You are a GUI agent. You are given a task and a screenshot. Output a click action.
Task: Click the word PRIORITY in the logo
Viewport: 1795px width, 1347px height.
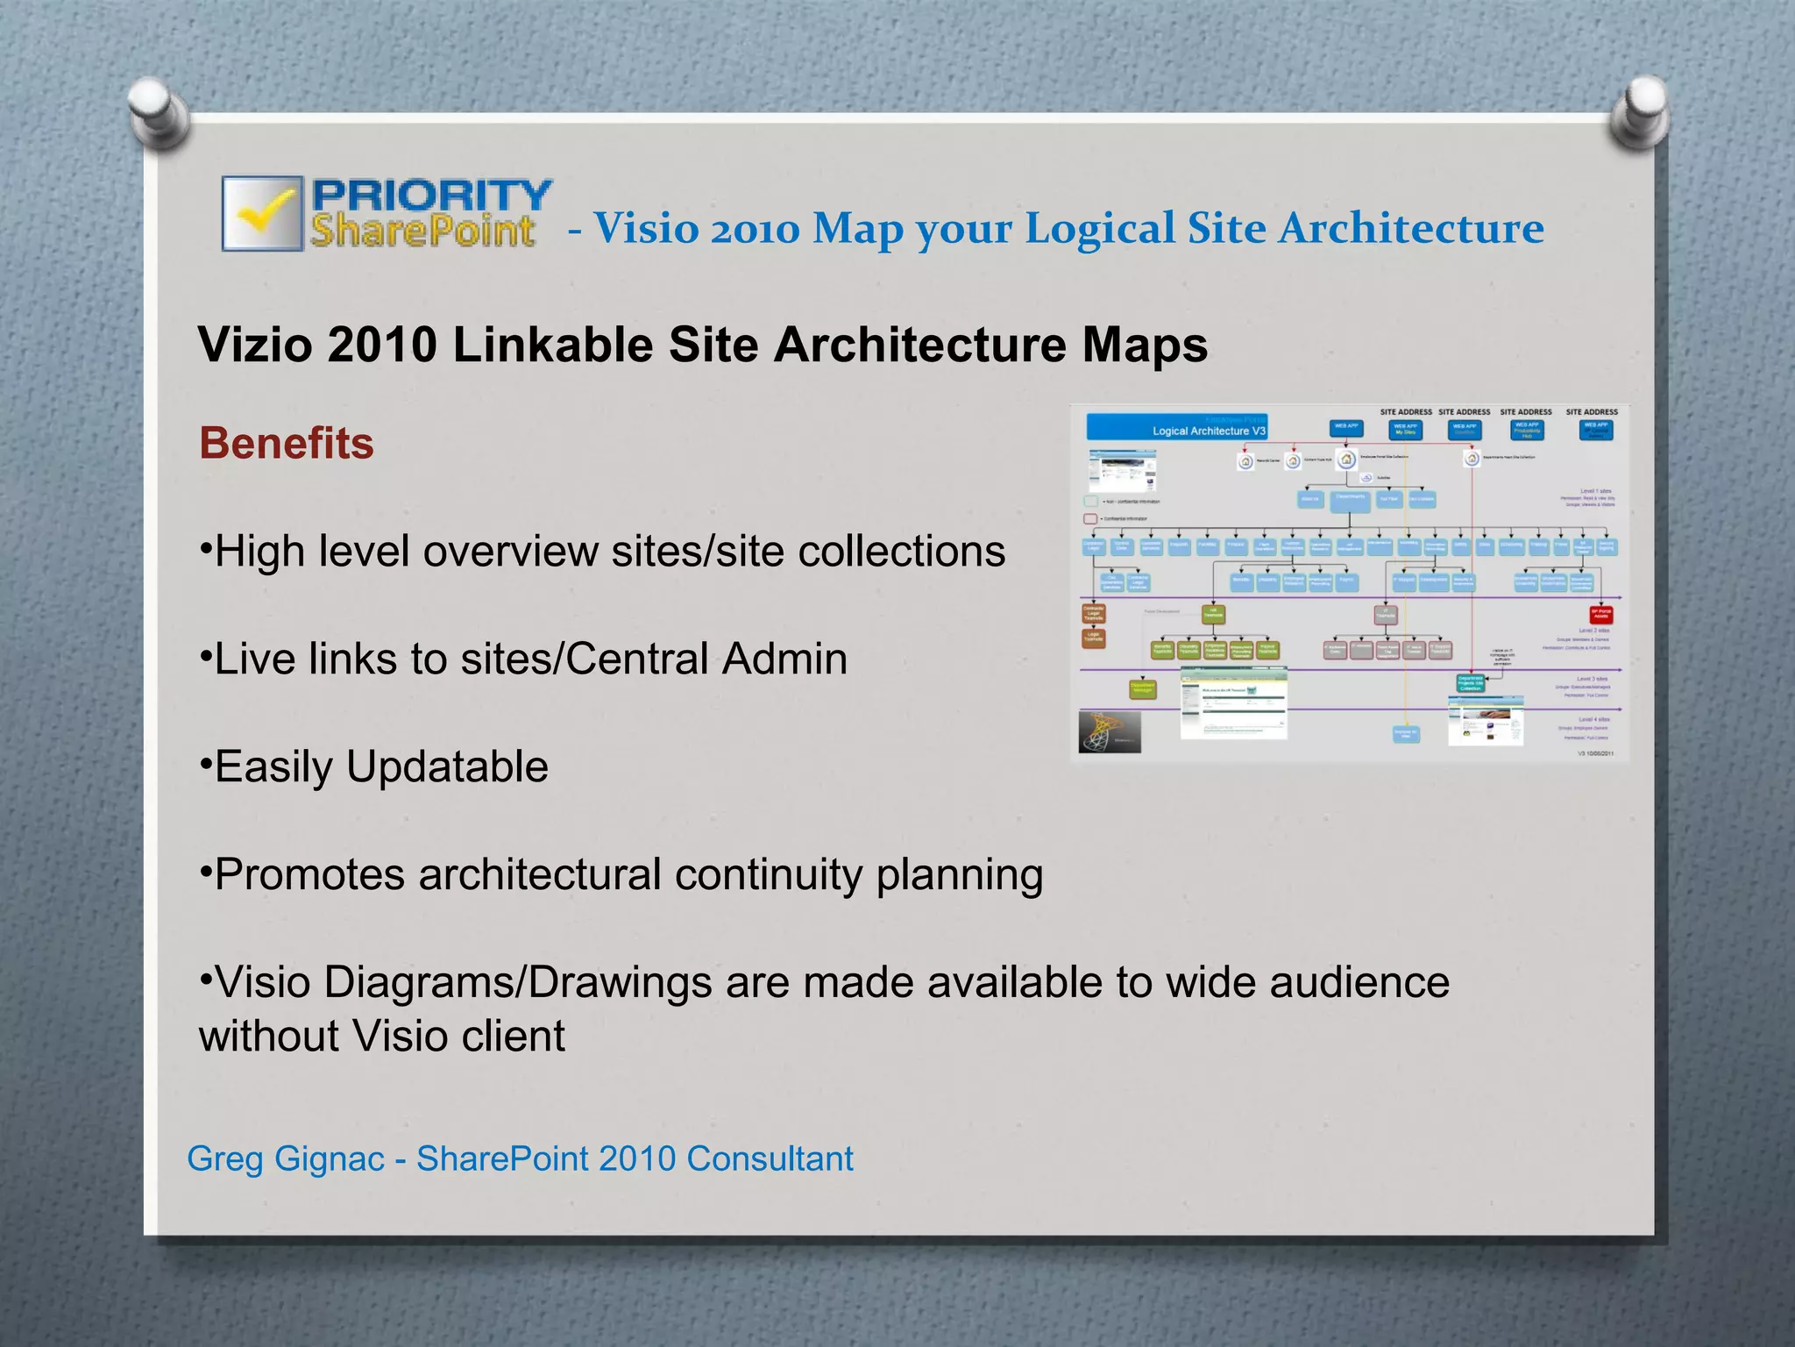(432, 194)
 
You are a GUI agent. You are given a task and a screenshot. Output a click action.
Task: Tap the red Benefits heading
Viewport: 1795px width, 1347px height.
(287, 443)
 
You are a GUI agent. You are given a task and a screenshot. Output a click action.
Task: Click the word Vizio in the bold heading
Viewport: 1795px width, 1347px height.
(255, 345)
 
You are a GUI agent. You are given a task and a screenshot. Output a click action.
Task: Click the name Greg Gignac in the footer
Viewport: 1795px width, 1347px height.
(286, 1158)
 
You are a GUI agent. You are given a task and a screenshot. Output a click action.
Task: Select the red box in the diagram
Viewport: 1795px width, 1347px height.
(1600, 614)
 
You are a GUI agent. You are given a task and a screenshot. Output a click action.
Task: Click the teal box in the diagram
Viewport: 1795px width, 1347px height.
(1470, 682)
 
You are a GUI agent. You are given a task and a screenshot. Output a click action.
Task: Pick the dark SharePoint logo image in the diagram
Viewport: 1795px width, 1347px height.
(1110, 731)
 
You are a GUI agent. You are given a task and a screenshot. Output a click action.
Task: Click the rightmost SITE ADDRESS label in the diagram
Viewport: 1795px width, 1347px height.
(1592, 411)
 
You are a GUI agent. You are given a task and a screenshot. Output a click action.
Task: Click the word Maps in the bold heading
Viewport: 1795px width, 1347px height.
(1145, 345)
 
